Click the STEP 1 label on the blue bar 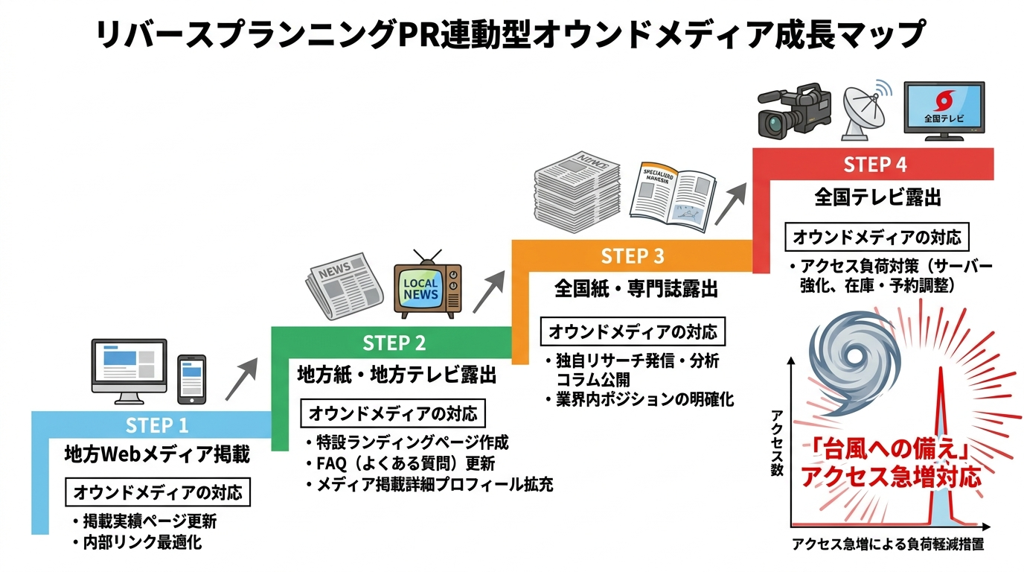point(157,425)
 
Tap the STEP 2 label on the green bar point(394,343)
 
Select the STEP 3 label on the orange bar point(632,256)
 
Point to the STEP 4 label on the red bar point(874,164)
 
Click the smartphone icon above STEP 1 point(191,378)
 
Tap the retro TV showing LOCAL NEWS point(427,287)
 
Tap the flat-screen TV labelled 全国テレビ point(944,110)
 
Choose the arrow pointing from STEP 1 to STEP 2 point(240,379)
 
